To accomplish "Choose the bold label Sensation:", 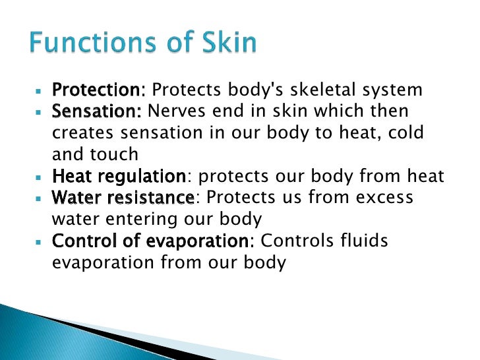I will (x=97, y=111).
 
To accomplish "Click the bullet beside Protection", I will (x=38, y=89).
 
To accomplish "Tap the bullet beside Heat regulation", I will (x=38, y=176).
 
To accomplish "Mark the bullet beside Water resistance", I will (x=38, y=198).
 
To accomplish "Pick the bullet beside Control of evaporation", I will (x=38, y=241).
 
